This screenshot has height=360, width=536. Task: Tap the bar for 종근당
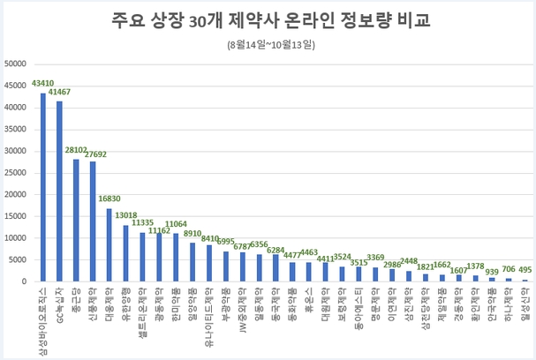pyautogui.click(x=76, y=221)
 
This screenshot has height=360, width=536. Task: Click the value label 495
pyautogui.click(x=524, y=270)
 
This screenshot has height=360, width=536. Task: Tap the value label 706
pyautogui.click(x=508, y=269)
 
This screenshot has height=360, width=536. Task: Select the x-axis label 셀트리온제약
pyautogui.click(x=141, y=308)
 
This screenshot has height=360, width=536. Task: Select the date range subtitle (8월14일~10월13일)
pyautogui.click(x=269, y=43)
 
